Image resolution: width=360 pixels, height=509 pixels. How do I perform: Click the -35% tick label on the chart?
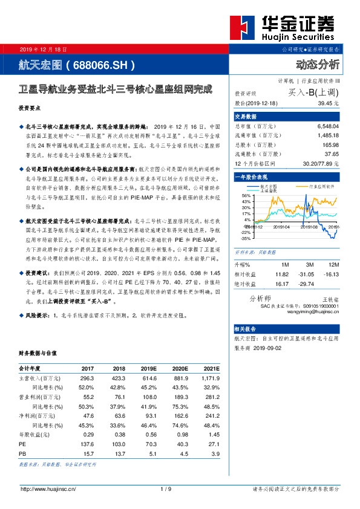tap(245, 239)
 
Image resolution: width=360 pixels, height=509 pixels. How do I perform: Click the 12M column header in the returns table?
tap(332, 265)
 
